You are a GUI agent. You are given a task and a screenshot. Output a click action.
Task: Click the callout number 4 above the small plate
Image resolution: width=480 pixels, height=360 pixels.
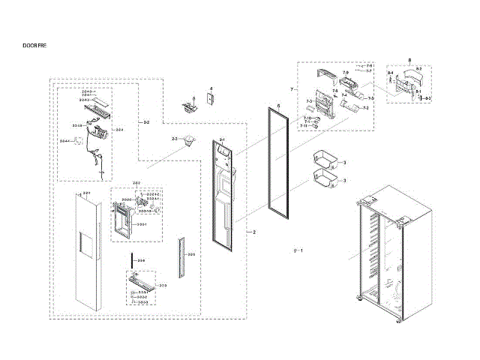(211, 89)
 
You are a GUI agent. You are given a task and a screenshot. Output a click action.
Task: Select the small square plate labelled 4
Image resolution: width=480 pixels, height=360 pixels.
(211, 100)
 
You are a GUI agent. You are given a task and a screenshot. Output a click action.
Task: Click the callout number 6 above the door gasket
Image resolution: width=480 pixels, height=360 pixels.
(277, 107)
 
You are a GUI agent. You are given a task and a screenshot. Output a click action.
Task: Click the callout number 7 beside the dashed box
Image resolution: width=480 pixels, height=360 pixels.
(291, 89)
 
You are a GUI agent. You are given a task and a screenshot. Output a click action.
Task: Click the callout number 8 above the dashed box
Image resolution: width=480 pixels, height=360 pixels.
(409, 59)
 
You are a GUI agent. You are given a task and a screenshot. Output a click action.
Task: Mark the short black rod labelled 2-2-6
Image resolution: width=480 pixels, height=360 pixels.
(131, 261)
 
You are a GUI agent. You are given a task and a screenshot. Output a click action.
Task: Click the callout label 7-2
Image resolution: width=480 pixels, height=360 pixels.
(367, 109)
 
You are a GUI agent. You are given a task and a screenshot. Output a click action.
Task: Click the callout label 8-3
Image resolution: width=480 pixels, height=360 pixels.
(428, 98)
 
